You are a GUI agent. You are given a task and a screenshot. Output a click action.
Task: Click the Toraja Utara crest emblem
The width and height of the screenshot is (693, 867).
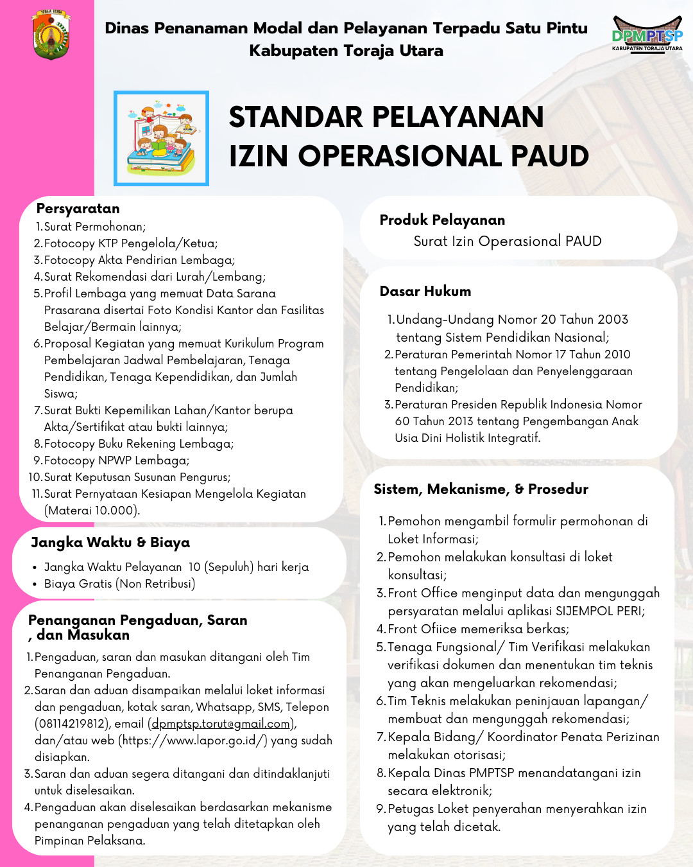tap(51, 35)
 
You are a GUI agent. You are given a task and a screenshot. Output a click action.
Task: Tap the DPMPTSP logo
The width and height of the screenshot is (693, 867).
tap(647, 34)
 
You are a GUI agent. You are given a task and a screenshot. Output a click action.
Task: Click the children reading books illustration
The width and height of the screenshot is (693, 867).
tap(161, 138)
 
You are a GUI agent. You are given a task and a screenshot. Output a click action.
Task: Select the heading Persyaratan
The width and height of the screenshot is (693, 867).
tap(78, 209)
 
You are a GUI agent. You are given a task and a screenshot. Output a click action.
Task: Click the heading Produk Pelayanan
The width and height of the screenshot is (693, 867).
tap(442, 220)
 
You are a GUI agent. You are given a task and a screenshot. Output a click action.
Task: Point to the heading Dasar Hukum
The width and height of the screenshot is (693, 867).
tap(425, 292)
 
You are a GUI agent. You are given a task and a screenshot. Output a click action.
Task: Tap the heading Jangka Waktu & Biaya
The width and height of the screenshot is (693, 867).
tap(110, 543)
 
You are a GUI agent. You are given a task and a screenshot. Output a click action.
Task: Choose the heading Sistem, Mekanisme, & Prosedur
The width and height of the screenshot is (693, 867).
tap(481, 489)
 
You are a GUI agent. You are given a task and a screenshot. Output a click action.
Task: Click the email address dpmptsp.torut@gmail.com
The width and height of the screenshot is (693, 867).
tap(221, 724)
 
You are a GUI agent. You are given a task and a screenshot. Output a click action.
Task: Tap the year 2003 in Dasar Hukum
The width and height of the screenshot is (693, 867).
tap(612, 320)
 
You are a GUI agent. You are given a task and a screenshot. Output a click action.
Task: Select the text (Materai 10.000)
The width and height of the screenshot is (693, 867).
tap(92, 511)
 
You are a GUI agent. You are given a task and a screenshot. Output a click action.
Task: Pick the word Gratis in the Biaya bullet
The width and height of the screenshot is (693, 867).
tap(96, 584)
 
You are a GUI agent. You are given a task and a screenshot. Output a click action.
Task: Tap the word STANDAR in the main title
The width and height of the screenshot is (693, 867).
tap(296, 118)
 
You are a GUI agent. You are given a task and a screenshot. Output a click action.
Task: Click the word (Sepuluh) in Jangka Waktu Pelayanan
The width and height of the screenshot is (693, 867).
tap(229, 567)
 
